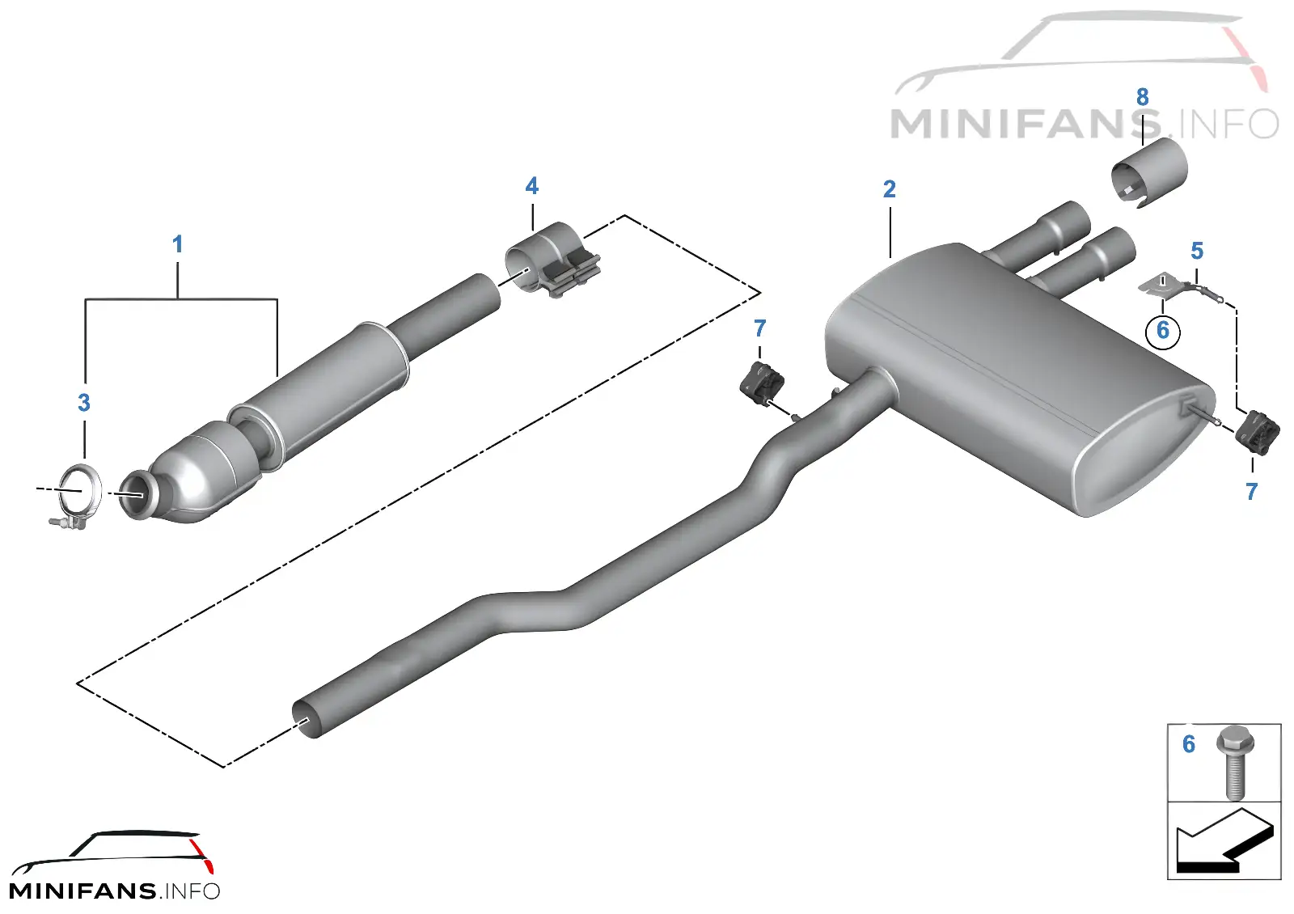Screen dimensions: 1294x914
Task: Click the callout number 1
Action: [x=178, y=244]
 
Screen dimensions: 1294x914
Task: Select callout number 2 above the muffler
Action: [x=890, y=189]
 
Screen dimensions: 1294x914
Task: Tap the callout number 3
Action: [x=84, y=403]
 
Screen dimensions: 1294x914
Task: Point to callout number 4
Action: [x=532, y=186]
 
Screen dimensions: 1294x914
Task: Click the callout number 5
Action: [x=1198, y=251]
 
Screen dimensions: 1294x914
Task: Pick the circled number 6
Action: [x=1163, y=331]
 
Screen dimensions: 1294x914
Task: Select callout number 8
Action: [x=1143, y=97]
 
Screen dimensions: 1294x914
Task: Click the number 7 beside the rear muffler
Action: [x=1251, y=492]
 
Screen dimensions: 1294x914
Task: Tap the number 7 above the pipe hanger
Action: [x=759, y=328]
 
